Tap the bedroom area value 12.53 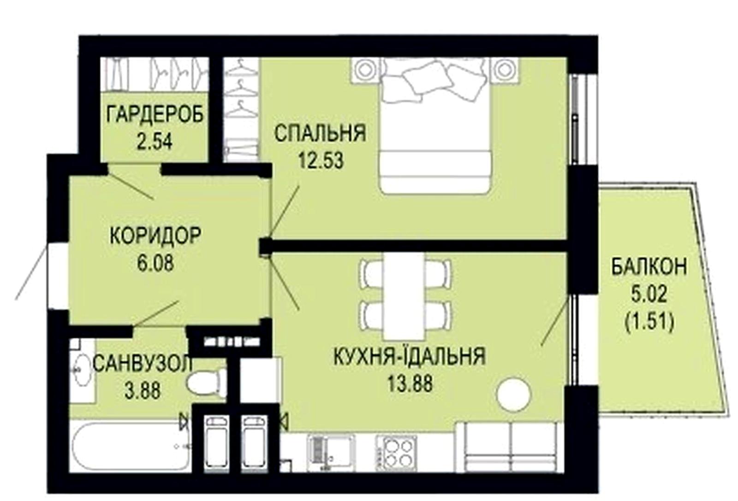[321, 161]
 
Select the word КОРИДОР [155, 236]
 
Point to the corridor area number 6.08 [155, 263]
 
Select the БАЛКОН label [649, 266]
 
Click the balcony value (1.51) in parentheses [649, 322]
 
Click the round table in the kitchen [514, 394]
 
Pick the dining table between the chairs [403, 296]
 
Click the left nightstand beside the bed [365, 70]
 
